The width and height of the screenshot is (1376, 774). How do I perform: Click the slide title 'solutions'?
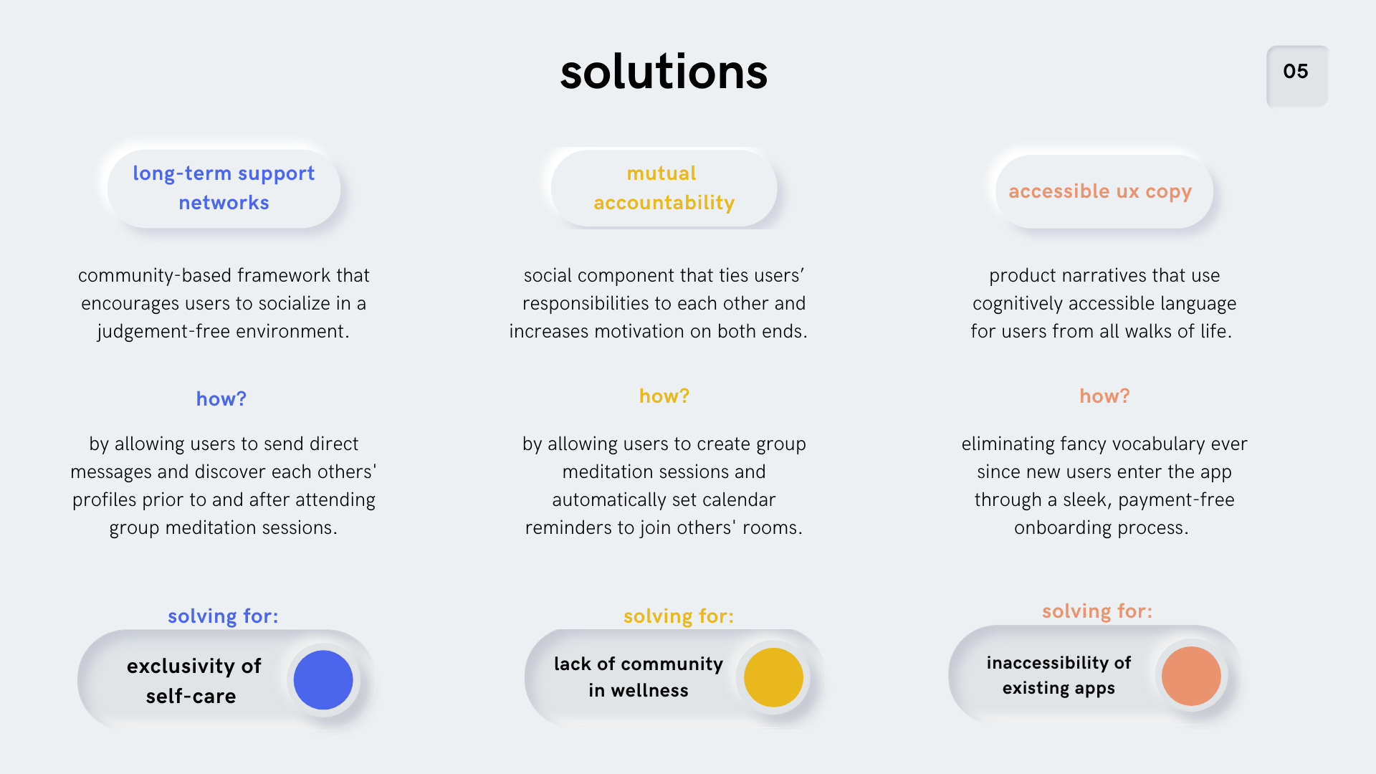[x=664, y=72]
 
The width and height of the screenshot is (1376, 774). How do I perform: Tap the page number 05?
[x=1296, y=72]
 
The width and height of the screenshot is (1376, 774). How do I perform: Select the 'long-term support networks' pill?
[x=224, y=188]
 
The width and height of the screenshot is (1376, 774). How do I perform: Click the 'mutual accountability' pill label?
[x=664, y=188]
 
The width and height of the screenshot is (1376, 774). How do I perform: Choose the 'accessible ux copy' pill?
[x=1104, y=191]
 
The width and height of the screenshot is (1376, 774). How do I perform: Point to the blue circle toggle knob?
[x=323, y=680]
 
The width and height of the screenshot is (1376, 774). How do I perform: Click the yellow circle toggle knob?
[x=773, y=677]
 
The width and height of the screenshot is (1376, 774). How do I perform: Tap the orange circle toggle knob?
[x=1191, y=676]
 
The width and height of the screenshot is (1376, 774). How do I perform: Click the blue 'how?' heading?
[x=221, y=399]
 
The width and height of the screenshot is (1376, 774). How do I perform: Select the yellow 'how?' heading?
[x=664, y=396]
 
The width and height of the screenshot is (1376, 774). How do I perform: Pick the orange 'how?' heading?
[x=1104, y=396]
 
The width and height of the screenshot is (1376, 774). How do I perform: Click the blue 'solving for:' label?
[x=223, y=616]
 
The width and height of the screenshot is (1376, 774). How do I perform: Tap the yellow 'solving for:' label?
[x=679, y=616]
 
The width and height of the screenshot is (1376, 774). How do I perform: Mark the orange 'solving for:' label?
[x=1097, y=611]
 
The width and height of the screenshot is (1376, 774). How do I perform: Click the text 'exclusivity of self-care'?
[x=193, y=681]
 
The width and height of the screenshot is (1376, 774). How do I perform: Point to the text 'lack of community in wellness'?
[x=639, y=677]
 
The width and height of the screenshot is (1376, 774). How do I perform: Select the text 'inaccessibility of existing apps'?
[x=1059, y=675]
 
